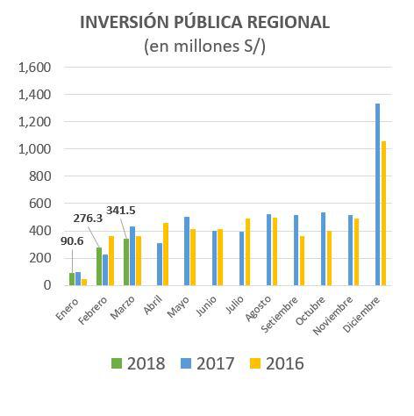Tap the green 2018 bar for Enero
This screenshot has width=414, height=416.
[x=72, y=279]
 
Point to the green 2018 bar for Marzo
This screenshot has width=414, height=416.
[x=126, y=262]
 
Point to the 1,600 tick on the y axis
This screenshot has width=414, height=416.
[x=35, y=68]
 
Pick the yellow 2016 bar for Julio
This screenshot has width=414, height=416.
[x=248, y=252]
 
